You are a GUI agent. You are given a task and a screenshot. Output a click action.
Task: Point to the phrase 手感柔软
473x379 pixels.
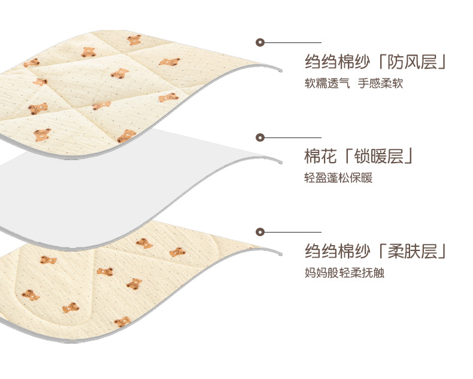tap(381, 83)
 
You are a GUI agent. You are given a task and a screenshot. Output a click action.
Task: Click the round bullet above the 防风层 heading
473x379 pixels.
tap(260, 42)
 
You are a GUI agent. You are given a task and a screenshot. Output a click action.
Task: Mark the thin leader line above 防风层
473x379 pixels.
tap(293, 42)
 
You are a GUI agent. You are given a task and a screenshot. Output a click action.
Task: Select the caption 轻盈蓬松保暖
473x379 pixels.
tap(338, 178)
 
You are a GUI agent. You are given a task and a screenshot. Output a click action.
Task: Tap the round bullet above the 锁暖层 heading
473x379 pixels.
tap(260, 137)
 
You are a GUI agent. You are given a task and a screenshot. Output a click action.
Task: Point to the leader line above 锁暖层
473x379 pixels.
tap(293, 137)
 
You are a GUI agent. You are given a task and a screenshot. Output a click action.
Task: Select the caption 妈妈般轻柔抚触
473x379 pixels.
tap(344, 273)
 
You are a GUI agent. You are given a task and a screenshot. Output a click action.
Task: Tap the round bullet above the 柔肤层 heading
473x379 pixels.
tap(260, 231)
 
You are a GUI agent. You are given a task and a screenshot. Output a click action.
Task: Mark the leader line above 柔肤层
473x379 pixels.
tap(293, 231)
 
